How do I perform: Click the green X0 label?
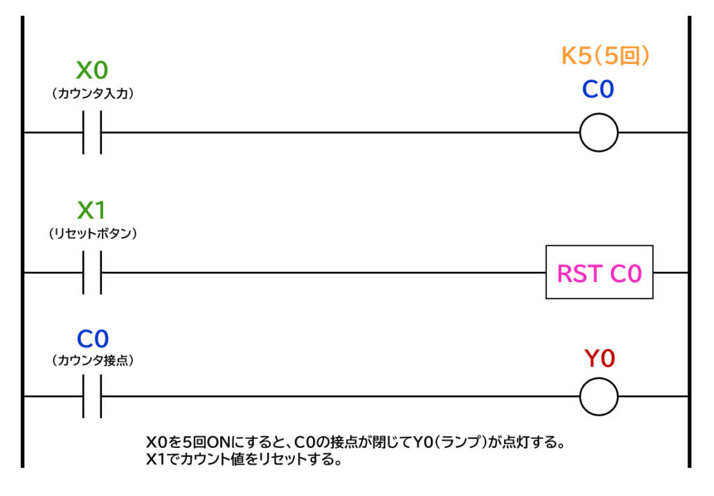(x=92, y=70)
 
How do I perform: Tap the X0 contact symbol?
(x=92, y=132)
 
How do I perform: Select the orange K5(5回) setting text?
(x=605, y=56)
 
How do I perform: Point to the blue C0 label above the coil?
(x=598, y=89)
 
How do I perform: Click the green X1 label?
(x=91, y=210)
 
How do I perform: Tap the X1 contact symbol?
(x=92, y=272)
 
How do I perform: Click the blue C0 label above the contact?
(x=93, y=339)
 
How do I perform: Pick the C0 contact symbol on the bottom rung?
(x=92, y=396)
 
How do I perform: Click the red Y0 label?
(x=599, y=359)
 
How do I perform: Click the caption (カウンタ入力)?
(x=93, y=93)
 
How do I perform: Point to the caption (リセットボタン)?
(x=93, y=233)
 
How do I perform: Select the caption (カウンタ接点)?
(x=93, y=360)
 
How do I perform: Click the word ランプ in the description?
(x=460, y=442)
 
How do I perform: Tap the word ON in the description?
(x=218, y=442)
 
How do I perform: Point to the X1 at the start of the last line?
(x=155, y=458)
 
